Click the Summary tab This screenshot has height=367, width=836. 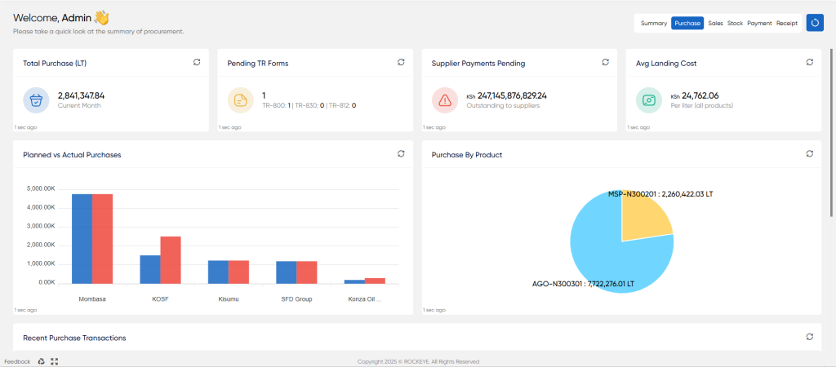pos(654,24)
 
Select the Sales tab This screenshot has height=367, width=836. pos(715,24)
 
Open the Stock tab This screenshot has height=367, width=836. pos(735,24)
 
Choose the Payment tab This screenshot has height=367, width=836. pos(759,24)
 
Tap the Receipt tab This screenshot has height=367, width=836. pos(787,24)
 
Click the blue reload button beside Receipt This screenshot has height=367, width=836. pos(815,23)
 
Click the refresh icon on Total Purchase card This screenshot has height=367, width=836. pos(197,62)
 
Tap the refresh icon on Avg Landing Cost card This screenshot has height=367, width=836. pos(809,62)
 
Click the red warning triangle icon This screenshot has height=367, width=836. pos(445,100)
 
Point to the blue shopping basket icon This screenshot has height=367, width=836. pos(36,100)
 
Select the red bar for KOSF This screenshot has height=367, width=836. pos(171,260)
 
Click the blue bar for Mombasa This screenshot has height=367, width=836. pos(82,239)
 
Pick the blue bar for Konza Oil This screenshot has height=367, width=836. pos(354,282)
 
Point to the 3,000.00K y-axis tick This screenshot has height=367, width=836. pos(40,227)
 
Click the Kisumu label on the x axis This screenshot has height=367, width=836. pos(229,299)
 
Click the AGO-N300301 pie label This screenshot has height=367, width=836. pos(583,284)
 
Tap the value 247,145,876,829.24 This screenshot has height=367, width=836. pos(512,96)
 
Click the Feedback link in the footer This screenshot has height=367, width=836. pos(18,361)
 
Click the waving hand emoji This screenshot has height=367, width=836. pos(101,18)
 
